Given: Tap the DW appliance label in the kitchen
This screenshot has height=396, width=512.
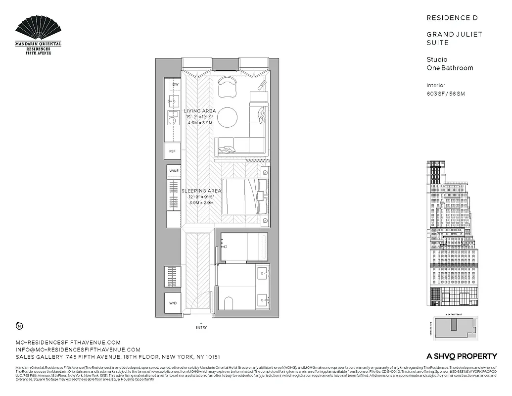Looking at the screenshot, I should click(175, 85).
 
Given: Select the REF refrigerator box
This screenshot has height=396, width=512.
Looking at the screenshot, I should click(173, 151).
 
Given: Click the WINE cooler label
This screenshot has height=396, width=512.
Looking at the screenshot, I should click(174, 171).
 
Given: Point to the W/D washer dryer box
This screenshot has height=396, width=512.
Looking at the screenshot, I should click(173, 303).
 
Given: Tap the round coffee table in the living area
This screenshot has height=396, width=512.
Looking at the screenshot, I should click(227, 117).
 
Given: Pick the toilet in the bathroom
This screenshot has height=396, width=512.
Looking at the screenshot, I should click(229, 303).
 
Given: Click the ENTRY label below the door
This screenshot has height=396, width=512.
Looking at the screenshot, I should click(201, 328).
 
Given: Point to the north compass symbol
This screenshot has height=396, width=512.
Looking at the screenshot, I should click(19, 326).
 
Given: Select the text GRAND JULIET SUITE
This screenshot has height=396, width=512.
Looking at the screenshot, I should click(454, 39).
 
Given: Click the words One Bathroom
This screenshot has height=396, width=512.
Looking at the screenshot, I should click(450, 68).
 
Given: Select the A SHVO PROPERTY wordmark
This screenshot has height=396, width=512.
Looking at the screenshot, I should click(462, 356).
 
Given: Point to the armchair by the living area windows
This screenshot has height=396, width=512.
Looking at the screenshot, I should click(228, 87).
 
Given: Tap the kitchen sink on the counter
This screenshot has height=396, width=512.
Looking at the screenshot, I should click(173, 118).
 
